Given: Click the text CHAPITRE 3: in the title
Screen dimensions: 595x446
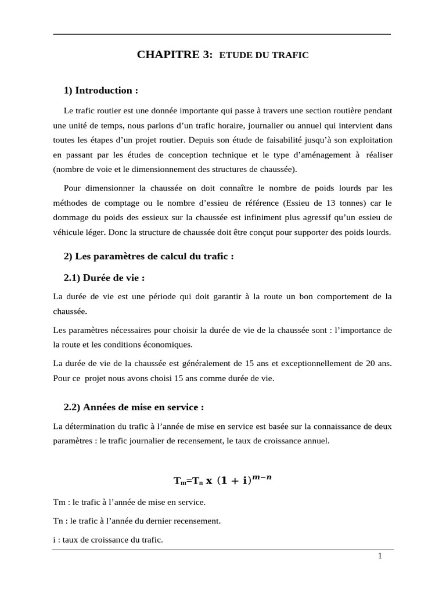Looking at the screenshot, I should coord(175,55).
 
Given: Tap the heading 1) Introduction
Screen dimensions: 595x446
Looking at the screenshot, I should coord(101,90).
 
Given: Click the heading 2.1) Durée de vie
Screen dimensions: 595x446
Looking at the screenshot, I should coord(104,278).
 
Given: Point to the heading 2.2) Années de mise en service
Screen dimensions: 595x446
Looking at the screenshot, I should coord(134,407).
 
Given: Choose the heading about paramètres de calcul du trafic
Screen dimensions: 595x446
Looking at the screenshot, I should coord(149,256).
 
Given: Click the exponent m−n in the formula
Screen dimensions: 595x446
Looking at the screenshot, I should coord(262,477).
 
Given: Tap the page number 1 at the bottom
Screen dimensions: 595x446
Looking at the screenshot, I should coord(380,556).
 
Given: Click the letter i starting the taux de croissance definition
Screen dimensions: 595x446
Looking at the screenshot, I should coord(54,540).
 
